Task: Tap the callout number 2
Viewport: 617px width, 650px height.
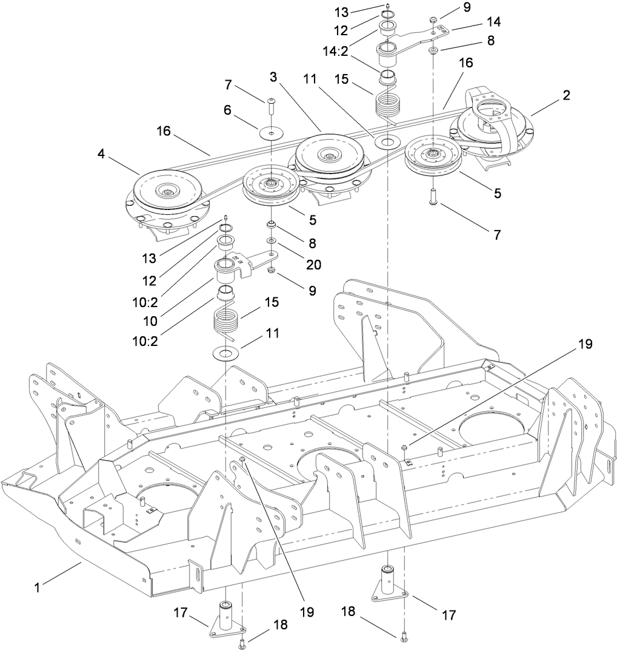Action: coord(566,95)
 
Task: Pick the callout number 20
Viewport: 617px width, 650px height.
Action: coord(313,265)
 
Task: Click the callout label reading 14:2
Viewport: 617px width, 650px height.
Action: coord(352,53)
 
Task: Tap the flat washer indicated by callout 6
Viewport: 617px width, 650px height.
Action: coord(272,133)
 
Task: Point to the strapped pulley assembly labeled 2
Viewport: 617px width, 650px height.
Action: coord(492,124)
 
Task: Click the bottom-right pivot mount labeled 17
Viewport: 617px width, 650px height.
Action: coord(388,584)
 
